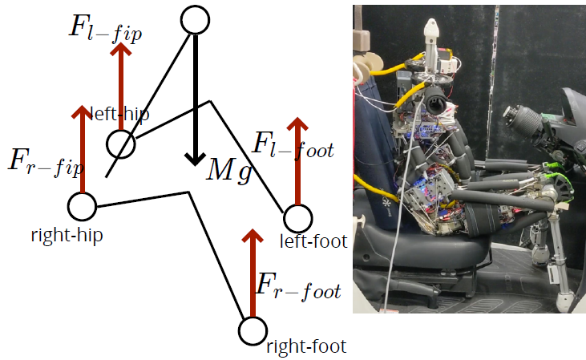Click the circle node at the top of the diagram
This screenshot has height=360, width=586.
coord(195,19)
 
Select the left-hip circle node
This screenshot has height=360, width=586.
coord(120,145)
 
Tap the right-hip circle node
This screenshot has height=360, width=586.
coord(82,206)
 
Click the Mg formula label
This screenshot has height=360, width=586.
coord(228,171)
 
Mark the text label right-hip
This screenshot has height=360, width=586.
coord(67,236)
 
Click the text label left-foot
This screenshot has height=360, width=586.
coord(313,241)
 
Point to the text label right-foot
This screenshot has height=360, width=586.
coord(305,346)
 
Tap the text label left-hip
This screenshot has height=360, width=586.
coord(121,114)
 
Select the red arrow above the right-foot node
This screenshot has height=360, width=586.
coord(253,273)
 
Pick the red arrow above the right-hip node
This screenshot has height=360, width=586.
coord(82,148)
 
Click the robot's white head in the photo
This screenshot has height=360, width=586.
coord(432,34)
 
